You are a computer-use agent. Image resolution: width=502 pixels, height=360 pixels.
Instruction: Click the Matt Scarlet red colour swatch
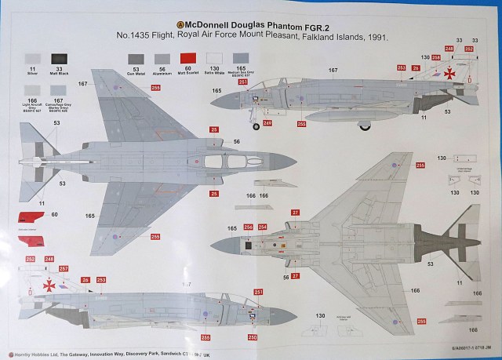187,58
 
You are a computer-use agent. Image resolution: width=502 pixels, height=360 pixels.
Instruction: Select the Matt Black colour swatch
60,59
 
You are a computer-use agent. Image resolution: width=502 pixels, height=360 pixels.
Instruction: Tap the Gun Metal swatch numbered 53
135,59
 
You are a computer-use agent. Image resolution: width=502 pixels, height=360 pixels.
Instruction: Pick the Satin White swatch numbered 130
213,58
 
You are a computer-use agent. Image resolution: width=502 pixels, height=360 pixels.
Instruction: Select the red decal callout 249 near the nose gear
267,122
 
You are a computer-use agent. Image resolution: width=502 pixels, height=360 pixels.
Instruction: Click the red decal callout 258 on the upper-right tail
449,49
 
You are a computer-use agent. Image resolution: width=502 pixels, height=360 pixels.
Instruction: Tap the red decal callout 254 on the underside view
263,227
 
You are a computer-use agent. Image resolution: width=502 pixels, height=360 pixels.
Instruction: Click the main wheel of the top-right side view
369,124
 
